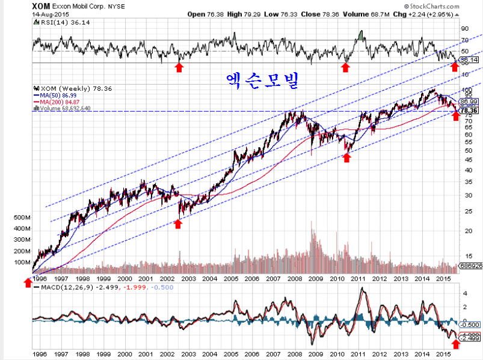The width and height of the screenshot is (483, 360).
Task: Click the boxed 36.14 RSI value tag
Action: click(x=468, y=61)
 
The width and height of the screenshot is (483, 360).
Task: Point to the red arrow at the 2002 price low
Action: click(x=177, y=224)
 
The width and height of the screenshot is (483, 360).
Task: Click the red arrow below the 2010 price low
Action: click(x=346, y=157)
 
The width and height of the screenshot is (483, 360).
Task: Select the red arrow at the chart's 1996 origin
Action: click(x=28, y=282)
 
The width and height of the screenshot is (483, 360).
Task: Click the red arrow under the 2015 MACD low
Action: click(x=455, y=344)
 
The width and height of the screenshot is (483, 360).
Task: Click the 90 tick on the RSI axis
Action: click(x=464, y=28)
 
